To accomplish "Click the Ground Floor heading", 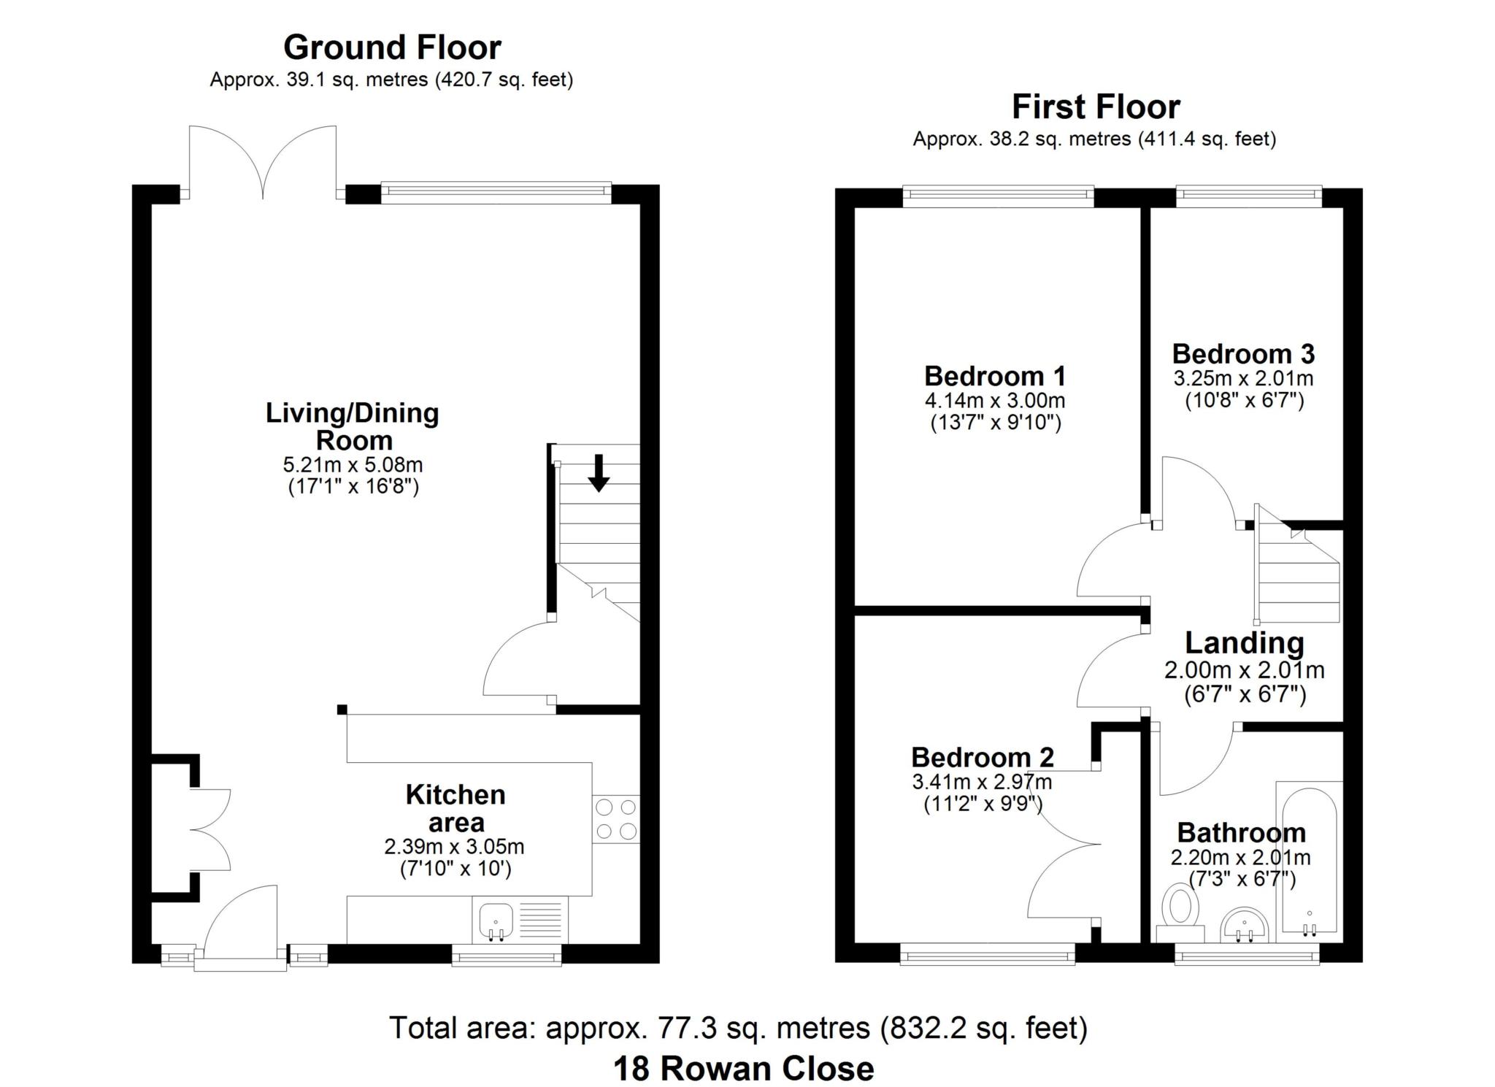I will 392,47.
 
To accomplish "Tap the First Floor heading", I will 1095,107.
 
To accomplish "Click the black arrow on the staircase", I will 599,472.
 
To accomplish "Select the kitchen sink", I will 496,920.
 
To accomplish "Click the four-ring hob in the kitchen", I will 615,818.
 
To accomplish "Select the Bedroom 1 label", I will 994,376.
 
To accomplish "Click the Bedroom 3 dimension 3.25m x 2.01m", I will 1242,378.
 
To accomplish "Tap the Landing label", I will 1244,642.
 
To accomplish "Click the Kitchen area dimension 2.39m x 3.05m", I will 454,847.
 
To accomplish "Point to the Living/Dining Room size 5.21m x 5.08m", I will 353,464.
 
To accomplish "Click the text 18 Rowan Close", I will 743,1069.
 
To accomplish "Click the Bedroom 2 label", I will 982,757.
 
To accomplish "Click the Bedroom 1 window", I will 998,193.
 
